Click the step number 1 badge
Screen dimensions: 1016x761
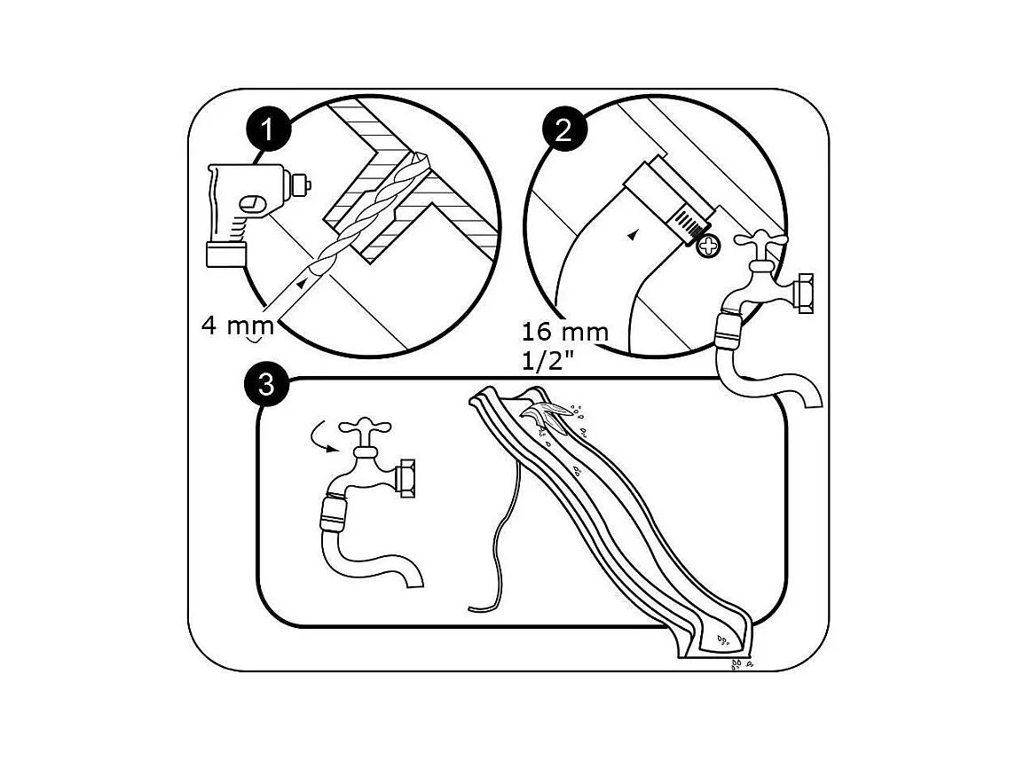tap(268, 130)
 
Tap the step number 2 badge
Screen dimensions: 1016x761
tap(563, 129)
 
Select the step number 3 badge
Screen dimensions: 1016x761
tap(267, 385)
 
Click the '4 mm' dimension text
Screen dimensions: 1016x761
tap(237, 325)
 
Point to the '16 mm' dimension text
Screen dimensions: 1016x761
tap(565, 333)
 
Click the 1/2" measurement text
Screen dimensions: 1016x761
tap(548, 361)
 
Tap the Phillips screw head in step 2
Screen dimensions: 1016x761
tap(708, 246)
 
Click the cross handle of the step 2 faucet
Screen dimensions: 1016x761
tap(760, 244)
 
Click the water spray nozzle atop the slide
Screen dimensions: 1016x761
tap(547, 414)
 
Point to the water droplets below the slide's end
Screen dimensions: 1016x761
tap(739, 663)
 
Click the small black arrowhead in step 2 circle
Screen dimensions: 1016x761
tap(632, 236)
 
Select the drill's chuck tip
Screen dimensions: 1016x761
tap(302, 185)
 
